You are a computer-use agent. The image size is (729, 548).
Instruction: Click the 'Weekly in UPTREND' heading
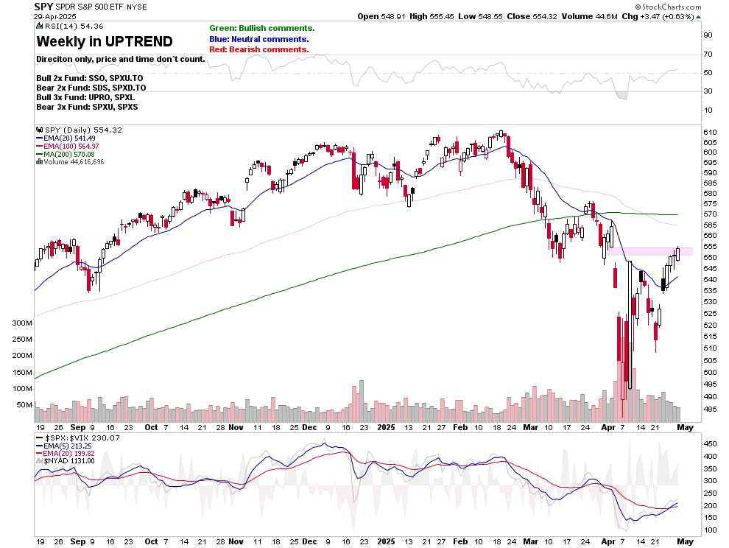(105, 41)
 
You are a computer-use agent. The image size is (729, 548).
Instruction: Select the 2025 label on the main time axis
(385, 426)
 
